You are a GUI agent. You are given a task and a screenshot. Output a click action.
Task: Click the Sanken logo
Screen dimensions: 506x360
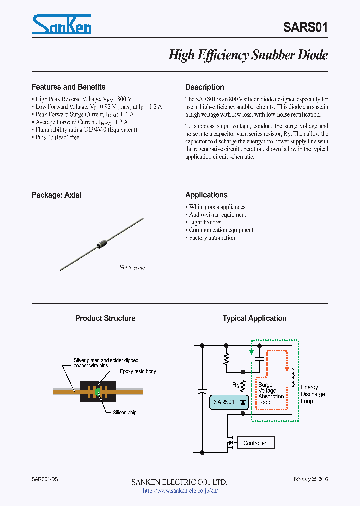coord(61,24)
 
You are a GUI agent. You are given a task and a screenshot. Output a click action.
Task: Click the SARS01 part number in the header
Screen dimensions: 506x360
coord(305,27)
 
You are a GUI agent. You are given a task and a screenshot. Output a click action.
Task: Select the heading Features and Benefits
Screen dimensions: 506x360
coord(68,87)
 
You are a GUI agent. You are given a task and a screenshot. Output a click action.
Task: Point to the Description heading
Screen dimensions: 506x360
coord(204,87)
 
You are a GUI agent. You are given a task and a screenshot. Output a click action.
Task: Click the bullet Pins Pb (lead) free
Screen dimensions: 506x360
coord(57,137)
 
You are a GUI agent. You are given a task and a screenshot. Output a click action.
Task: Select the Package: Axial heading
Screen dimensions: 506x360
coord(56,195)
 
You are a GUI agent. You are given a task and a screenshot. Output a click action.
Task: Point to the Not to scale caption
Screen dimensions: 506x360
coord(132,268)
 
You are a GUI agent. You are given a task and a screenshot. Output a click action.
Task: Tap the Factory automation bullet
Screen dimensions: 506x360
coord(212,238)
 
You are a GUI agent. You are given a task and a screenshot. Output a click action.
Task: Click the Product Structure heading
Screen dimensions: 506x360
coord(105,318)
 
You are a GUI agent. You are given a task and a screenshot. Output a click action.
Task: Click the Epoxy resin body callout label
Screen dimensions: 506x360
coord(138,372)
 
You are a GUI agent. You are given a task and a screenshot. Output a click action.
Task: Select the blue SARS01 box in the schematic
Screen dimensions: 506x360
coord(224,402)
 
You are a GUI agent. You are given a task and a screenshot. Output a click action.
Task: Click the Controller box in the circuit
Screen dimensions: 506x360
coord(254,443)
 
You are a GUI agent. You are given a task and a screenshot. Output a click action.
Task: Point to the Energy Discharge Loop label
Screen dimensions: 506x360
coord(313,394)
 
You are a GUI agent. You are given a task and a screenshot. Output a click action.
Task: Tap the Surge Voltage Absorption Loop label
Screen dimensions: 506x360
coord(271,393)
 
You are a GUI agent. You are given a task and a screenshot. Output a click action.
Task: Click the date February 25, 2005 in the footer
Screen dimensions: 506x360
coord(310,479)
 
